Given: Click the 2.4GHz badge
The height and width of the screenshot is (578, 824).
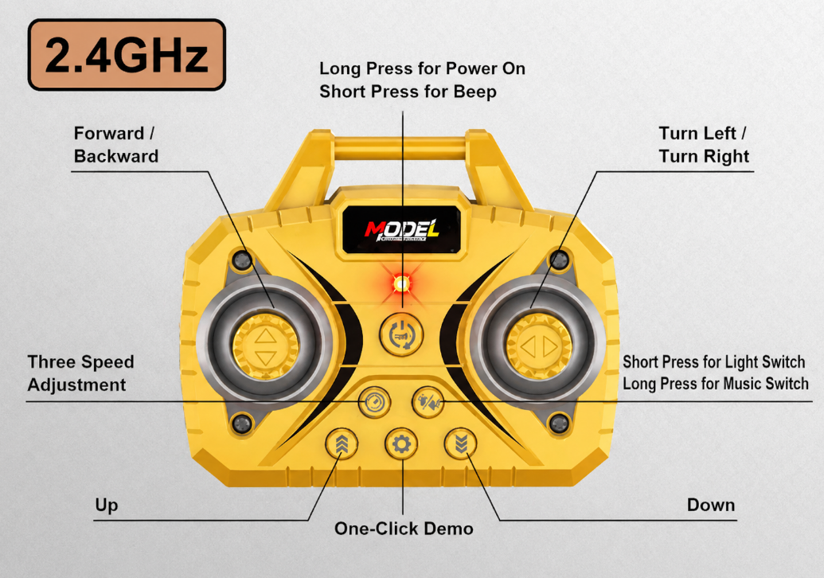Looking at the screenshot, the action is point(127,55).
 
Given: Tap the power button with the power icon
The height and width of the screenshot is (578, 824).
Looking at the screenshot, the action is point(401,334).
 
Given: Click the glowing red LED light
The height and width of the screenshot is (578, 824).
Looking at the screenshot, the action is point(402,284).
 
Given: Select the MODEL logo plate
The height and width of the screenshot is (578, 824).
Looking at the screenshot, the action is point(402,229).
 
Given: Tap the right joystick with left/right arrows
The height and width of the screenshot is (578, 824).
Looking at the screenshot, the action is point(539,346).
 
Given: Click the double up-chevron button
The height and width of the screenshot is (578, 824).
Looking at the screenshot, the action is point(342,443).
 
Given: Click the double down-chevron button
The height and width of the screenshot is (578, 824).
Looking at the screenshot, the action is point(461,443).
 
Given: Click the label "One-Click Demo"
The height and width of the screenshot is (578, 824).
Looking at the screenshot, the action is point(404,528).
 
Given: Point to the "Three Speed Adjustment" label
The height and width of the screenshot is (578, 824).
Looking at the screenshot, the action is point(81,373).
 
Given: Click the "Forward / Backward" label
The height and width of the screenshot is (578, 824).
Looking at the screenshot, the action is point(116,145).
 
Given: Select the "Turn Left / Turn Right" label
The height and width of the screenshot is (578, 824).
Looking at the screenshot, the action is point(705,145).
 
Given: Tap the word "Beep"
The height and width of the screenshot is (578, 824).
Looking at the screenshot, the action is point(475,92).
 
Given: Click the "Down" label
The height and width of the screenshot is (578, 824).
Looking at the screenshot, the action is point(711,505).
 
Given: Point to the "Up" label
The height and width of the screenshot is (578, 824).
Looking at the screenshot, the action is point(107,506).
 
